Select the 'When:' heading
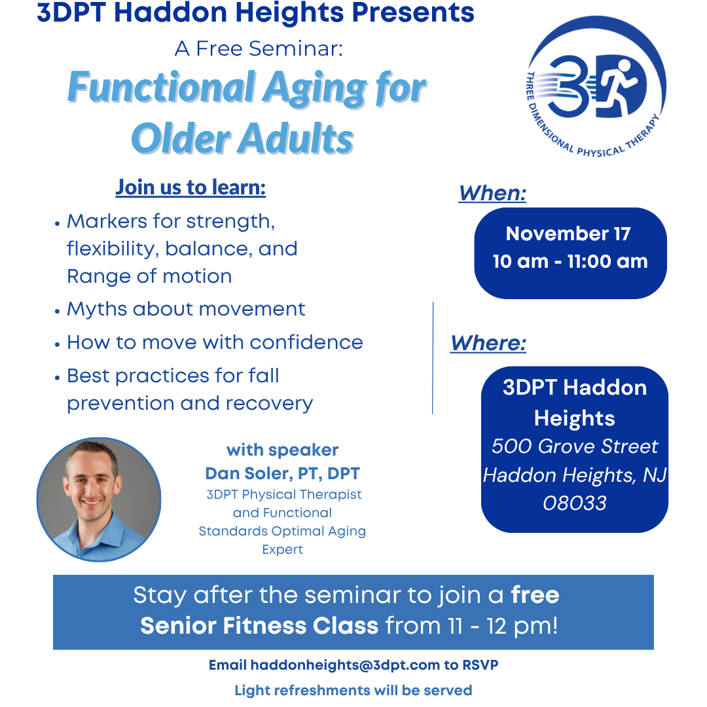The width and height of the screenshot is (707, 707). coord(492,193)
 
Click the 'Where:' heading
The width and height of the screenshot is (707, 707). coord(488,343)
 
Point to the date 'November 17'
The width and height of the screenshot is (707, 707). coord(568,234)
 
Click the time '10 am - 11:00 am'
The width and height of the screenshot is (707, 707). coord(570,261)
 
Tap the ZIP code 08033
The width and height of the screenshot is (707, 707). coord(575,503)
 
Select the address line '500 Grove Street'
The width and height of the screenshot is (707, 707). coord(575,446)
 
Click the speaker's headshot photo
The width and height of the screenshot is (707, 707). coord(99,499)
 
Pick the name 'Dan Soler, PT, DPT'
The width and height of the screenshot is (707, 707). coord(282,473)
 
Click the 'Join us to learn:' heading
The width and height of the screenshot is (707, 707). coord(190,188)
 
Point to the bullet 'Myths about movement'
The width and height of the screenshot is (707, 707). coord(186,309)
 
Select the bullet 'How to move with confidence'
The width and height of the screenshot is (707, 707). coord(215,342)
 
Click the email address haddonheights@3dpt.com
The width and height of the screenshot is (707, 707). coord(345,665)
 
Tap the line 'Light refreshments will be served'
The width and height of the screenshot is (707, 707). coord(353,691)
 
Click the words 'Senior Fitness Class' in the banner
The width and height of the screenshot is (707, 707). coord(259,626)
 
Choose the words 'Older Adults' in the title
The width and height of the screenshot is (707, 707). coord(242,139)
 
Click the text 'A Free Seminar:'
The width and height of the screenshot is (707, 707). coord(259,48)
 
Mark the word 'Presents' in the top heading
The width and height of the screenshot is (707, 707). coord(413,12)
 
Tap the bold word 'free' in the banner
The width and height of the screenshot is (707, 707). coord(535,595)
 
